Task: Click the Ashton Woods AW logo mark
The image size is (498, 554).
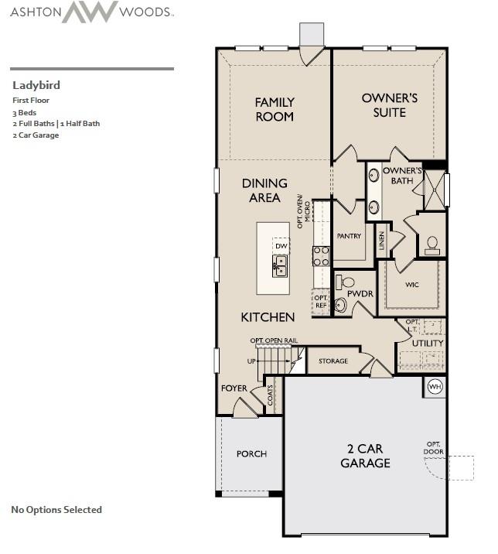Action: tap(90, 12)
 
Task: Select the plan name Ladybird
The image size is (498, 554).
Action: tap(36, 85)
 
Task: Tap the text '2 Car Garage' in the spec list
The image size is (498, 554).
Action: tap(36, 135)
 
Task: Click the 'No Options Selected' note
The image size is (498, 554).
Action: tap(56, 509)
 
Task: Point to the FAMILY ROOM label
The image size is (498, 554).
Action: tap(275, 109)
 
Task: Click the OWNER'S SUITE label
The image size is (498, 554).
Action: tap(390, 105)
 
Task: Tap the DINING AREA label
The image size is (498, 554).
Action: tap(264, 190)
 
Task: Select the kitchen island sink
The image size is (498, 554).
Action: tap(279, 265)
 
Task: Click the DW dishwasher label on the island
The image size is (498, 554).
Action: tap(281, 246)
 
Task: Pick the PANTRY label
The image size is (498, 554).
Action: tap(349, 236)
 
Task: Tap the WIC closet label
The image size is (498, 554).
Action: tap(412, 285)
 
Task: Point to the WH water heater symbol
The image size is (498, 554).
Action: tap(435, 386)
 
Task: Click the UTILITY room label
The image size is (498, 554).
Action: tap(427, 343)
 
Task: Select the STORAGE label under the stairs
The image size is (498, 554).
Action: tap(333, 361)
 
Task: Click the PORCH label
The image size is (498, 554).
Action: tap(251, 453)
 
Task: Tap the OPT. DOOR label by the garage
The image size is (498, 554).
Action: tap(433, 448)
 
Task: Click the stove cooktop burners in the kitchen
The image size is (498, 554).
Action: tap(321, 255)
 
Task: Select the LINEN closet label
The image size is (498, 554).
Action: tap(381, 242)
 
